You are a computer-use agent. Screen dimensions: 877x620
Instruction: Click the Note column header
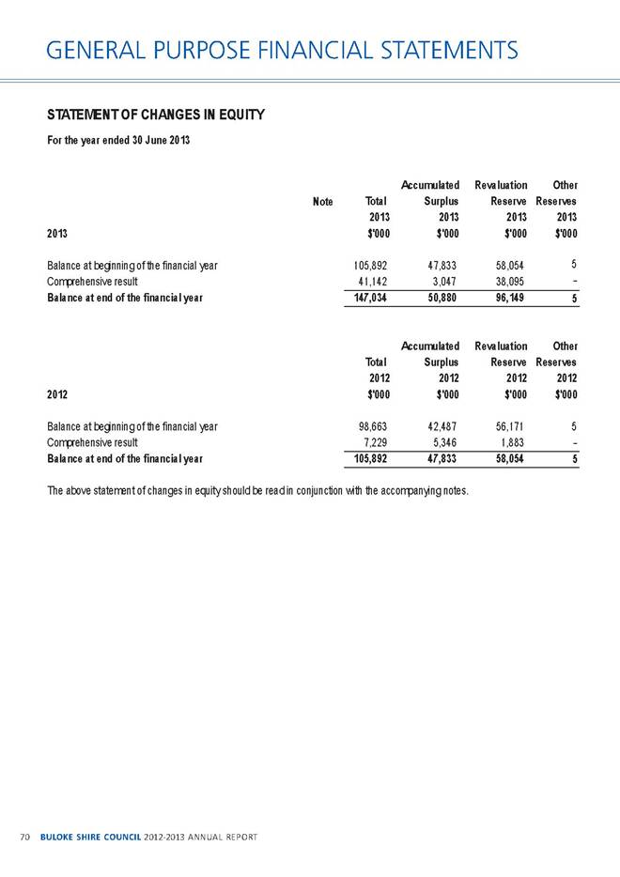coord(322,201)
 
